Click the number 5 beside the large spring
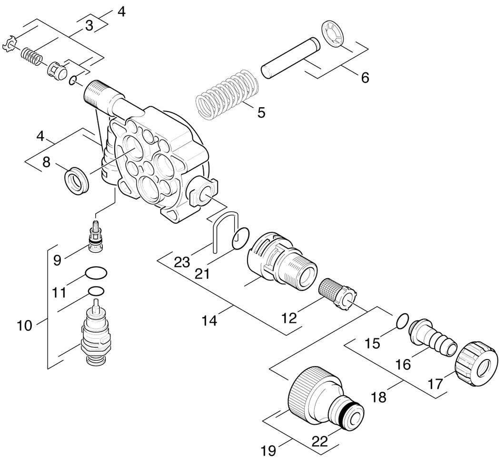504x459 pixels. (261, 112)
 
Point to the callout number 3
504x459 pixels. (89, 26)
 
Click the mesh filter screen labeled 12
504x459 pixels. (335, 292)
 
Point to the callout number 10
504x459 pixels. (24, 326)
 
